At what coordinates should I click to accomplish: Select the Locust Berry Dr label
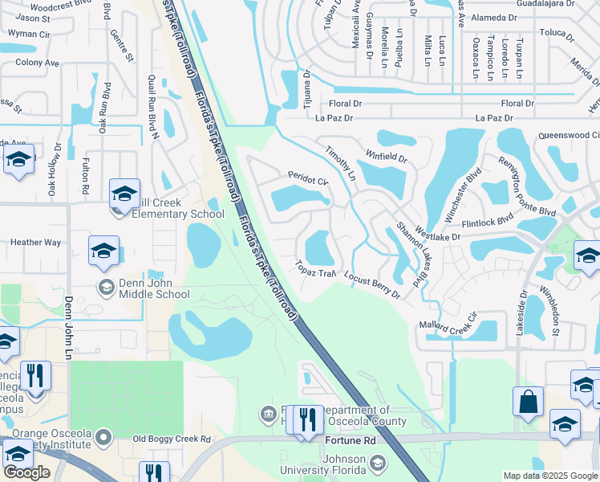tap(371, 285)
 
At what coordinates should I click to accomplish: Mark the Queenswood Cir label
tap(569, 136)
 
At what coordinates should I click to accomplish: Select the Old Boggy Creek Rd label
tap(171, 439)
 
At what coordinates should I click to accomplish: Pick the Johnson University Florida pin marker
tap(376, 463)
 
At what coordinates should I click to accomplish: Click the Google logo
tap(26, 472)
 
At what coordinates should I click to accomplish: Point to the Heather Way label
tap(35, 242)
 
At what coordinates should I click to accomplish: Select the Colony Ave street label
tap(37, 63)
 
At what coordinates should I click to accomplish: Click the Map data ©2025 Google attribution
tap(549, 476)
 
